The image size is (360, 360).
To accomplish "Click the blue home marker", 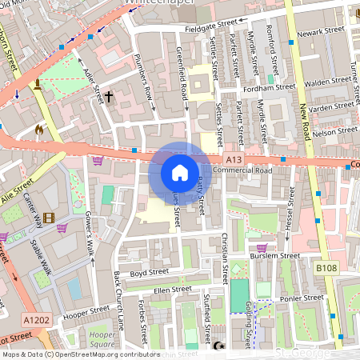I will [x=179, y=172].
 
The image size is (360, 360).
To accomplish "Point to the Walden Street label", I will [x=329, y=82].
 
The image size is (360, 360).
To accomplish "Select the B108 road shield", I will [x=326, y=268].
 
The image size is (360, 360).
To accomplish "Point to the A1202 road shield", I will [x=36, y=319].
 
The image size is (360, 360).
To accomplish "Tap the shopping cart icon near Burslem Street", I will [x=261, y=248].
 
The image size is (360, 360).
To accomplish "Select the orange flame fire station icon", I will [x=38, y=128].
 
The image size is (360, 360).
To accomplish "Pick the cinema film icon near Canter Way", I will [x=50, y=218].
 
